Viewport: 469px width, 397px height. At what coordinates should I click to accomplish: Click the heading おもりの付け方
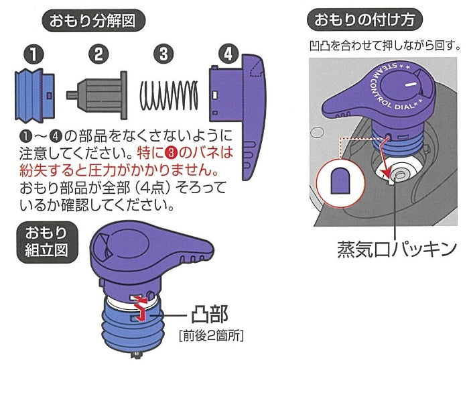364,20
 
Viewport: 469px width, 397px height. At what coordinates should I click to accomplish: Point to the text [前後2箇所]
210,334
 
